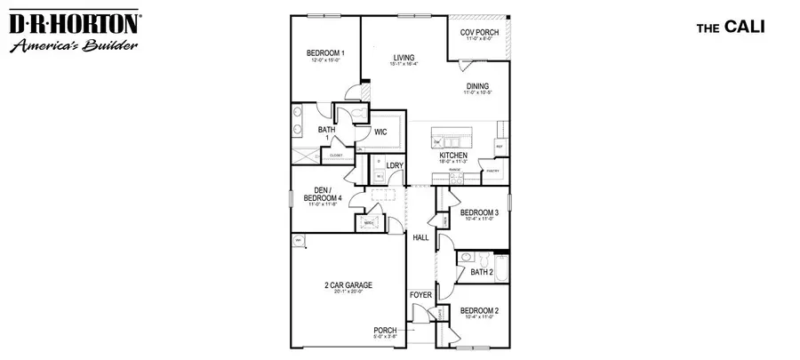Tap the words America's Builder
click(72, 44)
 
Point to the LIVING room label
click(404, 58)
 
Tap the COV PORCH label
click(479, 33)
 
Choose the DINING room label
click(478, 86)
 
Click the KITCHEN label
click(453, 155)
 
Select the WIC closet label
click(380, 132)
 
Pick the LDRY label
click(395, 165)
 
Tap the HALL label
click(420, 237)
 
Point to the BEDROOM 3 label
click(478, 212)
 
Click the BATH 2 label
click(482, 272)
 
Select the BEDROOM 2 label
click(478, 310)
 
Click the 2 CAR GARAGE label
click(348, 285)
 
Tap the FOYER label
click(420, 294)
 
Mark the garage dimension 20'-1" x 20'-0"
click(348, 292)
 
